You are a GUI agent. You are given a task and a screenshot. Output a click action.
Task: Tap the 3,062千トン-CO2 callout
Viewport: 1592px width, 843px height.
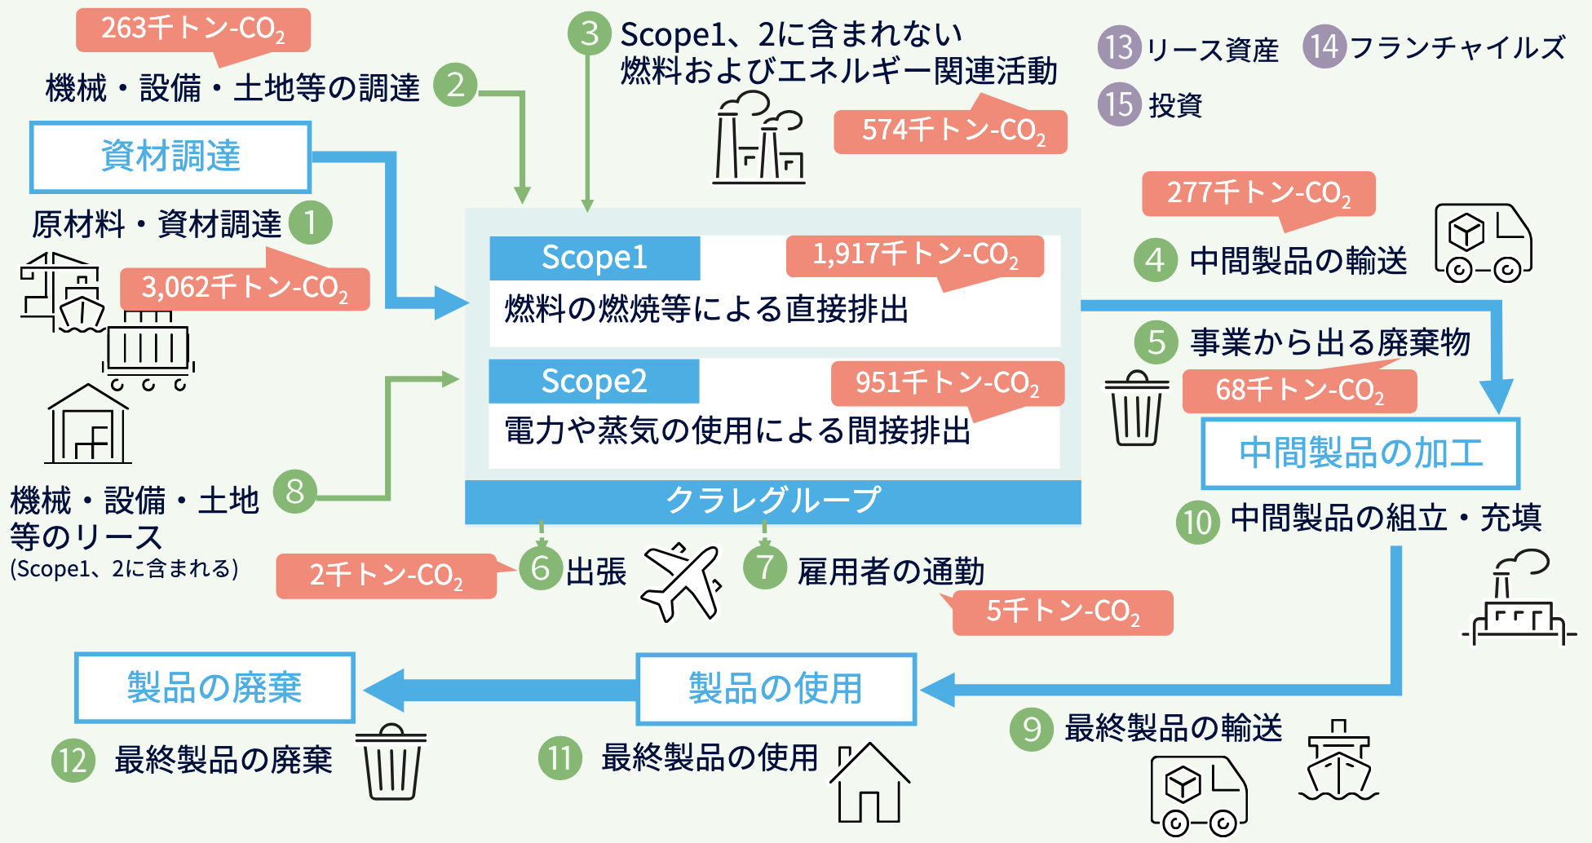pyautogui.click(x=245, y=287)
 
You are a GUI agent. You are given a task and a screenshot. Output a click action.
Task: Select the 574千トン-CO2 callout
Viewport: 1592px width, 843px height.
pyautogui.click(x=951, y=130)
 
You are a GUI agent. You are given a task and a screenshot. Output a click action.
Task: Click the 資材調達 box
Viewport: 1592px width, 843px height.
pyautogui.click(x=170, y=157)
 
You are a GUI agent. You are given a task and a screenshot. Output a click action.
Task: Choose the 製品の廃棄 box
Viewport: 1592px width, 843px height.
pyautogui.click(x=214, y=687)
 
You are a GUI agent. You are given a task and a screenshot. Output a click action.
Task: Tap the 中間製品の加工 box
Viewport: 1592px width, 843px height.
pyautogui.click(x=1360, y=452)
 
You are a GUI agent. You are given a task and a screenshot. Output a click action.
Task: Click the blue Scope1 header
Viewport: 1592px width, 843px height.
pyautogui.click(x=595, y=258)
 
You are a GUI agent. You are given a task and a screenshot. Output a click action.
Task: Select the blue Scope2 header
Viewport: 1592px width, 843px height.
pyautogui.click(x=594, y=381)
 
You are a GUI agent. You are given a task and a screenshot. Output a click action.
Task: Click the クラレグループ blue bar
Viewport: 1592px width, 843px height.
pyautogui.click(x=773, y=501)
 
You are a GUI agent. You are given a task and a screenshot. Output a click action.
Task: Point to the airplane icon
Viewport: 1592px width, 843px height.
pyautogui.click(x=682, y=581)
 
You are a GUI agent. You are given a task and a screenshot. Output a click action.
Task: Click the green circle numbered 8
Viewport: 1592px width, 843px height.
pyautogui.click(x=295, y=492)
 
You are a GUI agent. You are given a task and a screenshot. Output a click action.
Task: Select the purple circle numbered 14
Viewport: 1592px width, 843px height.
pyautogui.click(x=1324, y=46)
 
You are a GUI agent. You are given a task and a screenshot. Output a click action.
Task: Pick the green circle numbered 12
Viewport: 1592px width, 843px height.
pyautogui.click(x=73, y=760)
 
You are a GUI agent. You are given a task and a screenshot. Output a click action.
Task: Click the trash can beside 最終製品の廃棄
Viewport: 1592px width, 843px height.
pyautogui.click(x=392, y=761)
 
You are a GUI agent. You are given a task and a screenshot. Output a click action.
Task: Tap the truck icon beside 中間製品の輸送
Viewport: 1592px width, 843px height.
pyautogui.click(x=1483, y=243)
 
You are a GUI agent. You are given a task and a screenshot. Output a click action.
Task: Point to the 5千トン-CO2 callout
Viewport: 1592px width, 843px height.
pyautogui.click(x=1062, y=611)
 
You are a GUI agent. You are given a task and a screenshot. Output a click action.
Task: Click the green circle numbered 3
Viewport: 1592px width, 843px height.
pyautogui.click(x=590, y=33)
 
